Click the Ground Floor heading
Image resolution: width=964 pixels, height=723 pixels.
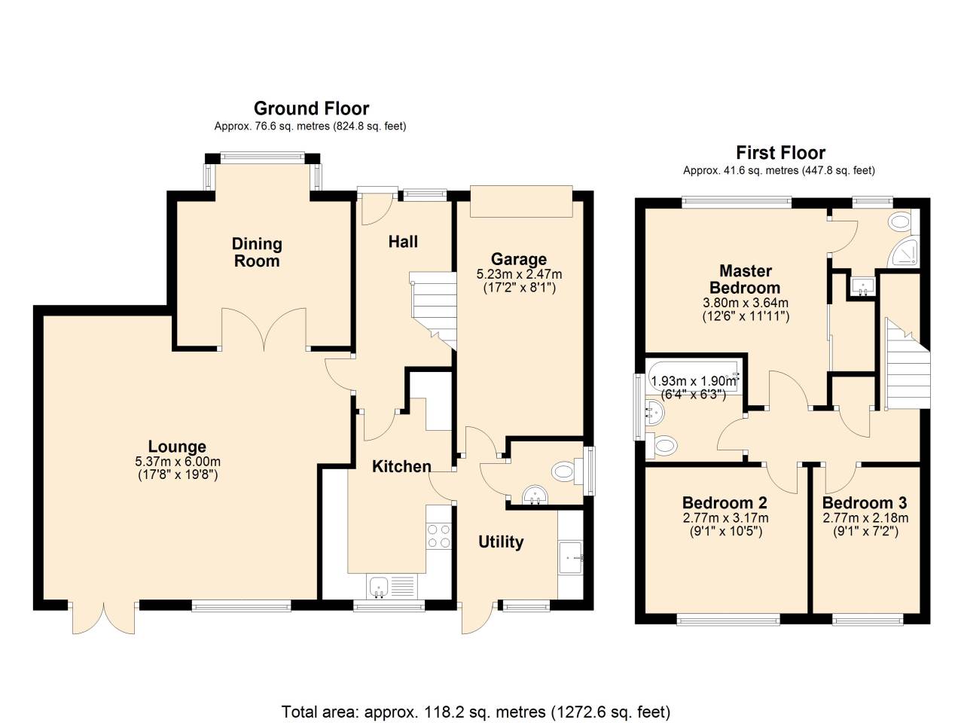click(x=311, y=108)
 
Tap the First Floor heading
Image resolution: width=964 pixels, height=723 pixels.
click(x=780, y=153)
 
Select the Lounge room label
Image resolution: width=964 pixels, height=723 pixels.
click(x=177, y=447)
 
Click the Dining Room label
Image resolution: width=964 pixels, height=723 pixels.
click(x=257, y=252)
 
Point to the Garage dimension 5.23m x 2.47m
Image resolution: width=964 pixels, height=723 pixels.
click(x=519, y=274)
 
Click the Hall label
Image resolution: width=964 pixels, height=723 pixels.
click(x=403, y=242)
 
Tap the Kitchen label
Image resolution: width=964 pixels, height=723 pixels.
click(x=401, y=466)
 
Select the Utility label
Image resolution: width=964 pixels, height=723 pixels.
click(x=501, y=541)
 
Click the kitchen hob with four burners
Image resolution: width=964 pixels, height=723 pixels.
click(x=438, y=535)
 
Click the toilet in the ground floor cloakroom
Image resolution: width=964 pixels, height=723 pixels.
click(x=565, y=472)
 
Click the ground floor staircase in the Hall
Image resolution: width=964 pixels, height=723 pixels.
click(x=435, y=309)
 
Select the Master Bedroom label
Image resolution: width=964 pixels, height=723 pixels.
click(x=745, y=279)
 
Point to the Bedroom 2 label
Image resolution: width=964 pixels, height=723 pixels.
click(x=725, y=502)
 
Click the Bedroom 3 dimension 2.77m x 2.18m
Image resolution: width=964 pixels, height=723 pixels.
click(x=865, y=518)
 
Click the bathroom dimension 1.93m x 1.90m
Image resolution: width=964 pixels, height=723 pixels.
click(x=694, y=381)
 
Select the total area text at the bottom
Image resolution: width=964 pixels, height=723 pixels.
click(x=475, y=712)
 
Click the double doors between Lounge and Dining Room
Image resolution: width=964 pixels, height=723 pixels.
click(x=264, y=330)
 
